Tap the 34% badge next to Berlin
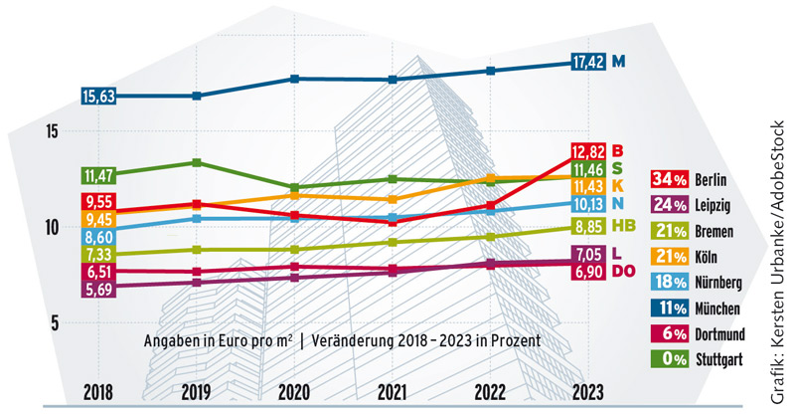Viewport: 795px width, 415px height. (668, 180)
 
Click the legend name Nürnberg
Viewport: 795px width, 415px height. (724, 282)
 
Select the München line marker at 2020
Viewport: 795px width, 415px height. (295, 79)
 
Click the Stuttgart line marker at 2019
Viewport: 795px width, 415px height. (198, 162)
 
